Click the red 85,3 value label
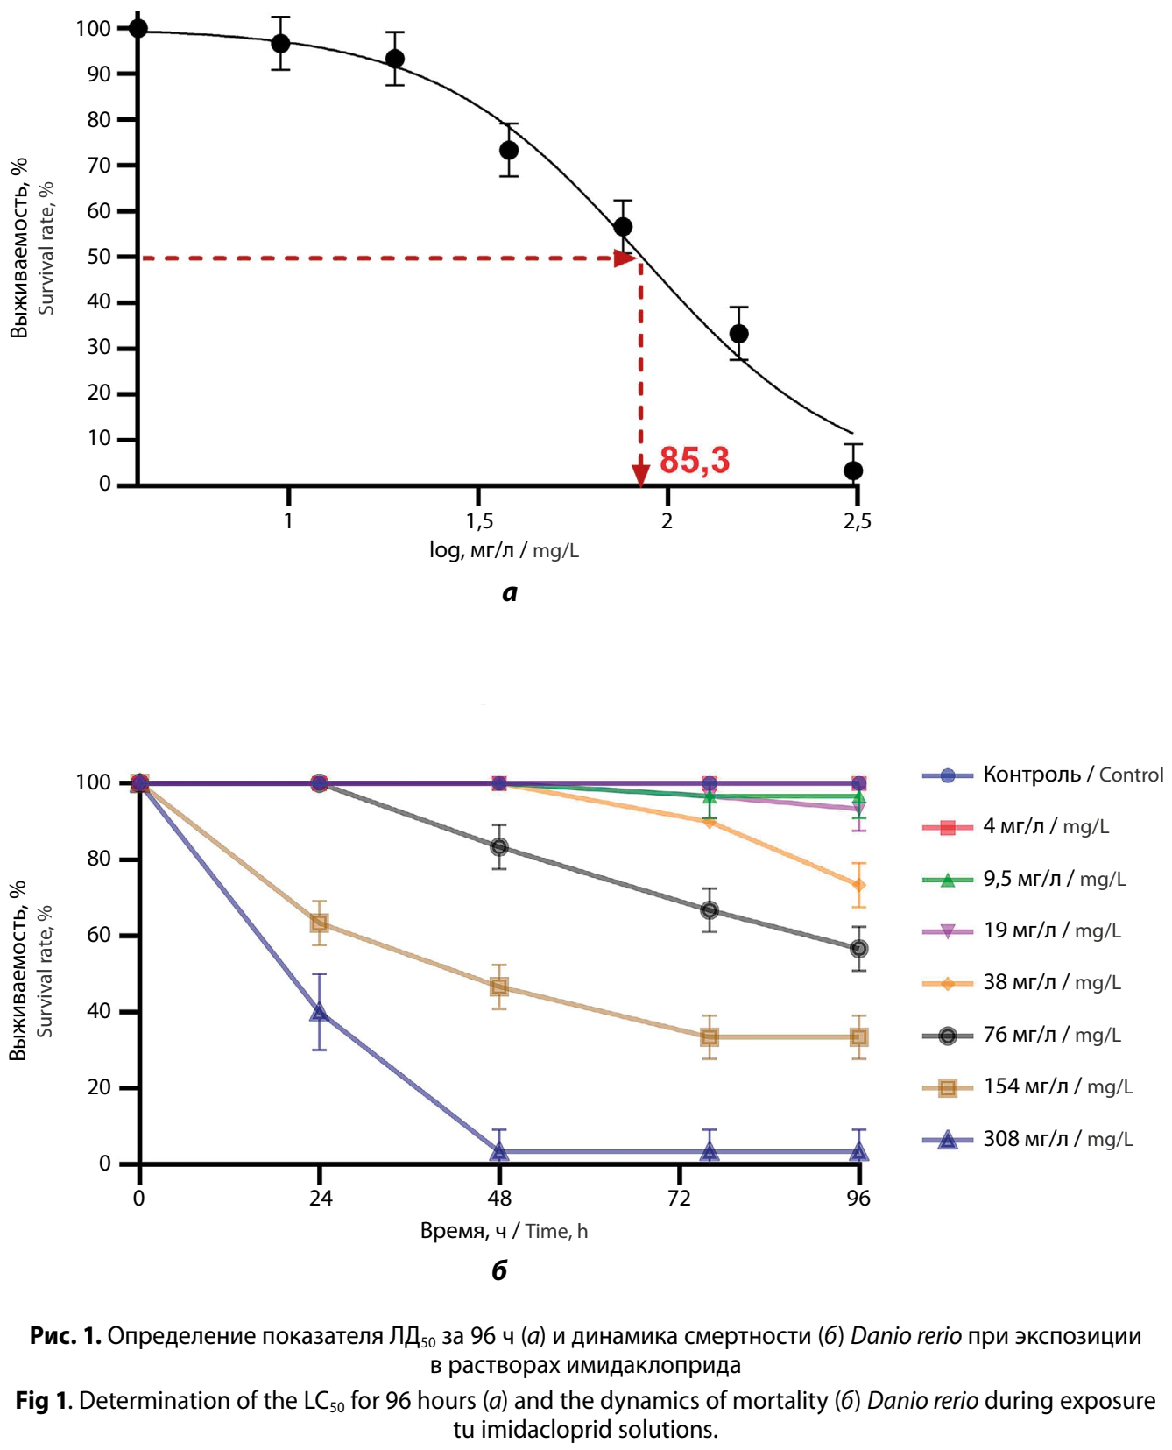pyautogui.click(x=694, y=460)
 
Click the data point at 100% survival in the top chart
pyautogui.click(x=138, y=28)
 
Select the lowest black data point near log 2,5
pyautogui.click(x=853, y=470)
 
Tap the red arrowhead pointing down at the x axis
pyautogui.click(x=641, y=476)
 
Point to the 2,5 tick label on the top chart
pyautogui.click(x=857, y=521)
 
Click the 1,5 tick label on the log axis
pyautogui.click(x=479, y=521)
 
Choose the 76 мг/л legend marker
pyautogui.click(x=947, y=1036)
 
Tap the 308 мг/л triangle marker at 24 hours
pyautogui.click(x=320, y=1012)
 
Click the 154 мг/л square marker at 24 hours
pyautogui.click(x=320, y=923)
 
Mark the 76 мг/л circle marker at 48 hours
pyautogui.click(x=499, y=847)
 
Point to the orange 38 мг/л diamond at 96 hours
pyautogui.click(x=859, y=885)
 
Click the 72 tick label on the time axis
pyautogui.click(x=680, y=1199)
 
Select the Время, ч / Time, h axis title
pyautogui.click(x=504, y=1231)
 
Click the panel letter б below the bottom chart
pyautogui.click(x=499, y=1270)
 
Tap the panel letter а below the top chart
pyautogui.click(x=510, y=593)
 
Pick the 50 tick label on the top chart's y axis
pyautogui.click(x=99, y=257)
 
